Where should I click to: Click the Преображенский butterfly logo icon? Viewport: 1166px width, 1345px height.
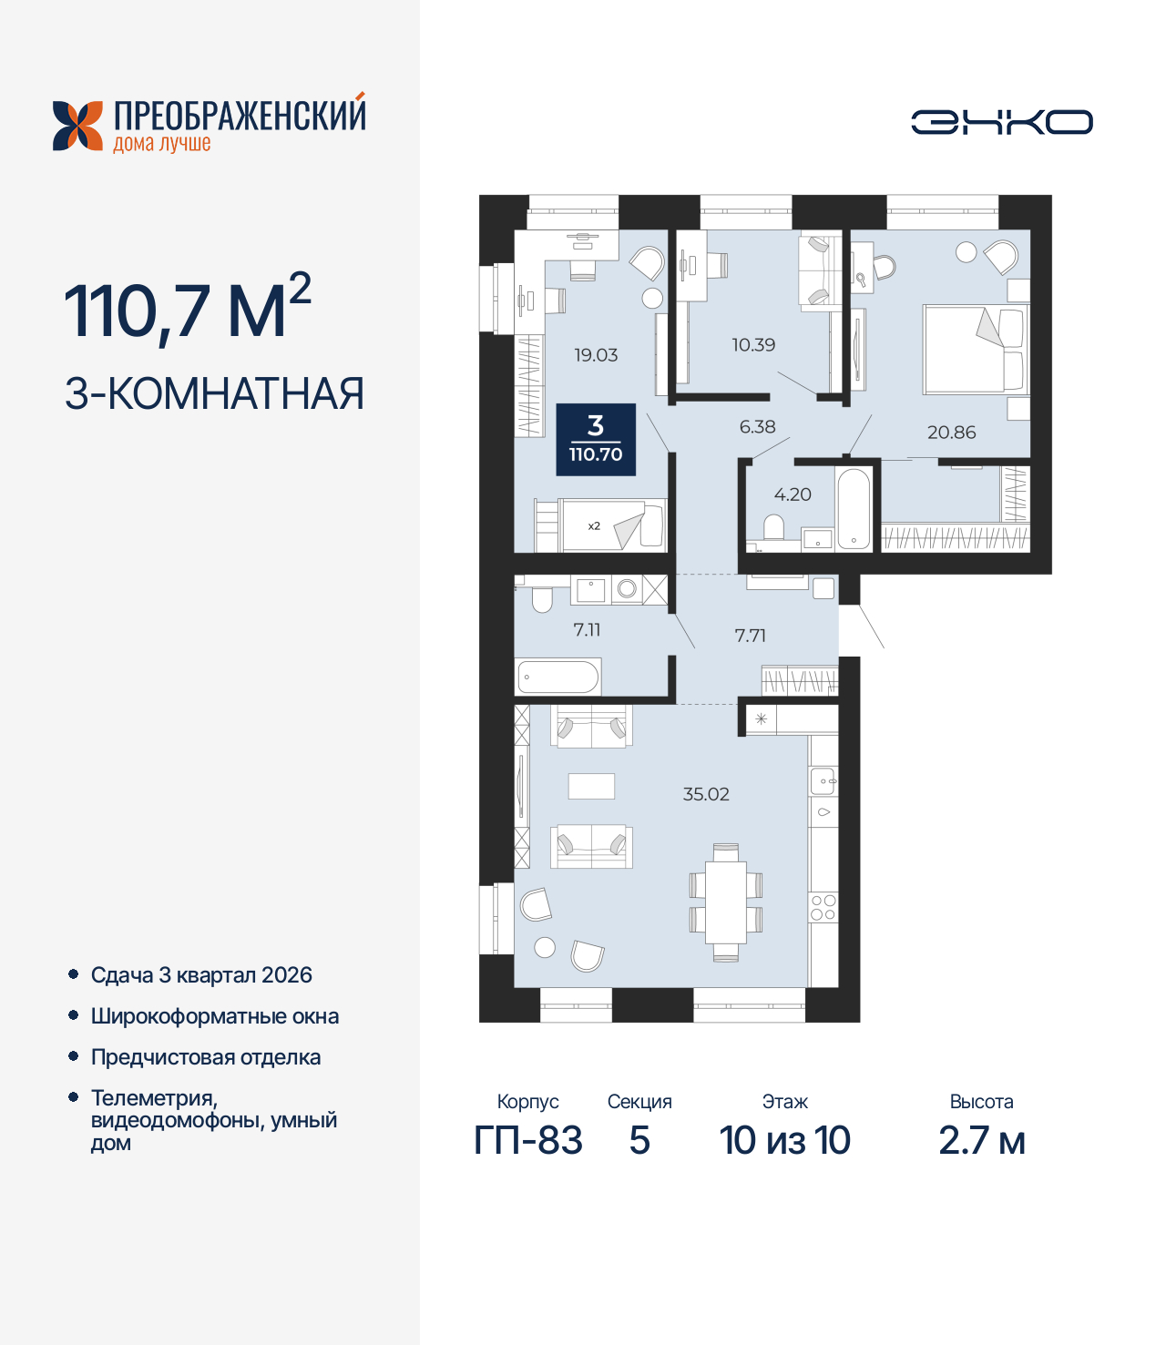point(77,125)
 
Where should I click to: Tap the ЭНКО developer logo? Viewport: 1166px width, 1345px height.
point(1001,122)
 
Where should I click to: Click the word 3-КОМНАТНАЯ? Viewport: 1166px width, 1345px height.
point(214,393)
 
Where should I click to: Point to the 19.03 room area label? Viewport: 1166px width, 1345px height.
point(596,355)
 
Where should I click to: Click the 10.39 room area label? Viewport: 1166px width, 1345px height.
point(753,345)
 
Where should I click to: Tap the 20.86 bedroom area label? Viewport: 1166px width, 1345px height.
point(951,433)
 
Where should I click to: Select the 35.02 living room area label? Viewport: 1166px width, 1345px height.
point(706,794)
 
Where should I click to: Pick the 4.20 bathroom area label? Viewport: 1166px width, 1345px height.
point(793,494)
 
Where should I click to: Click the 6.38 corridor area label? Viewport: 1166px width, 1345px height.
point(757,426)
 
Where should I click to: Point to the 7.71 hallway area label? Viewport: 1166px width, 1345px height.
point(750,636)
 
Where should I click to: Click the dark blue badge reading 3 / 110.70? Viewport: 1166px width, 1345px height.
point(596,440)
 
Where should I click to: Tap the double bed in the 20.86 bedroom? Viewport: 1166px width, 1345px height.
point(974,350)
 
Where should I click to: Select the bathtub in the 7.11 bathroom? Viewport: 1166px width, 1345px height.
point(558,678)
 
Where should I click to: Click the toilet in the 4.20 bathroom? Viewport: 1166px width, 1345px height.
point(773,528)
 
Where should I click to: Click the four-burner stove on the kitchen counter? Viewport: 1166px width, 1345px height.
point(823,907)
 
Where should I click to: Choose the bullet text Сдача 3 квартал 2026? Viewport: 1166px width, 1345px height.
point(201,974)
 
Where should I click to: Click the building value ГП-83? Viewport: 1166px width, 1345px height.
point(528,1140)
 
